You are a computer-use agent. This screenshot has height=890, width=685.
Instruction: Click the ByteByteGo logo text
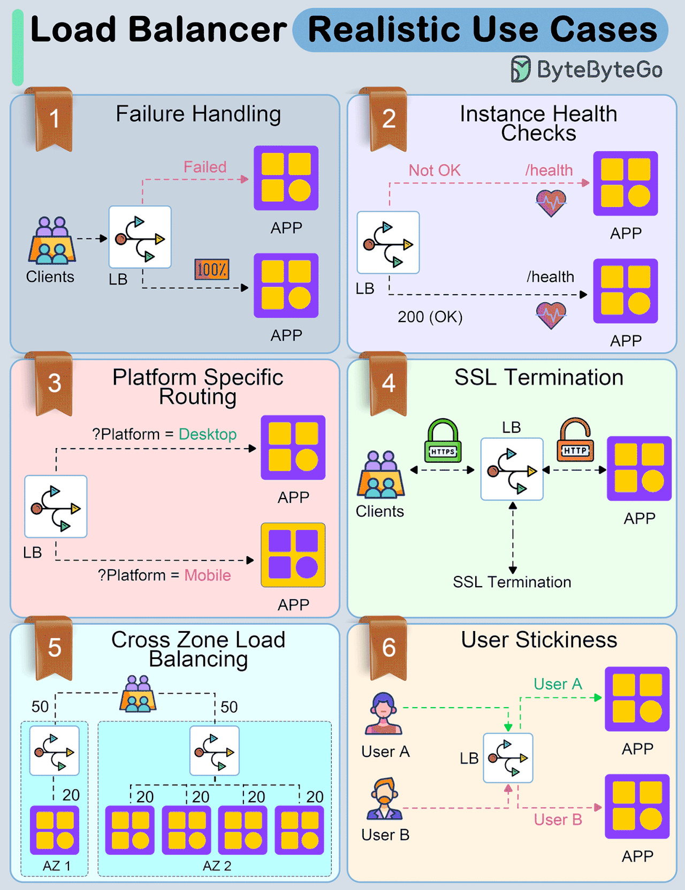coord(599,70)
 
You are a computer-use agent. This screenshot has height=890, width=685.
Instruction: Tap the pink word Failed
coord(205,167)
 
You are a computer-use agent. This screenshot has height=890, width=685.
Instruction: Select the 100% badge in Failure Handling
coord(212,270)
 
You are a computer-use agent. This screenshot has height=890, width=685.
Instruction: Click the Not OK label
coord(435,171)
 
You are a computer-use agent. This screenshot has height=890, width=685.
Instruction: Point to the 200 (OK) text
coord(430,317)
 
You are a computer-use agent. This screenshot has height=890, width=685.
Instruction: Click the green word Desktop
coord(208,434)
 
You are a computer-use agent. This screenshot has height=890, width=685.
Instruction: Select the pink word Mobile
coord(208,576)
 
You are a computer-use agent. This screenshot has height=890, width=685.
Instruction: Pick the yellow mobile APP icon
coord(293,555)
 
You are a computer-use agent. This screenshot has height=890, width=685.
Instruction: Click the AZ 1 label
coord(56,866)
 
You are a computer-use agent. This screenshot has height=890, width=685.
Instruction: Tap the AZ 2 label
coord(217,866)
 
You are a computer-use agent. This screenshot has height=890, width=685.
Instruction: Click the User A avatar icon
coord(383,713)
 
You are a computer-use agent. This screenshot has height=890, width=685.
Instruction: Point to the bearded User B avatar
coord(384,799)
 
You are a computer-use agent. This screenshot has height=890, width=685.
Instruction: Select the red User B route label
coord(558,820)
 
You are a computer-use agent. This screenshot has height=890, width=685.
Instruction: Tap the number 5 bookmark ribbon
coord(54,648)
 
